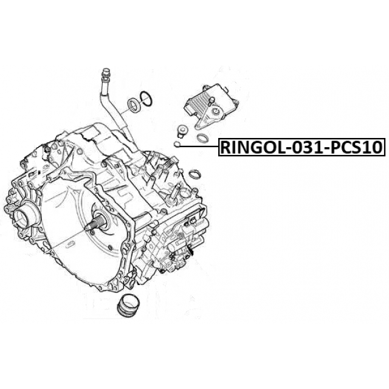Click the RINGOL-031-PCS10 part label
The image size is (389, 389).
(302, 147)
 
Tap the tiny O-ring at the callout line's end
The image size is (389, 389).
(177, 144)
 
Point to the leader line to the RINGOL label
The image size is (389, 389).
(199, 146)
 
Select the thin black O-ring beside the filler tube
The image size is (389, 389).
(146, 99)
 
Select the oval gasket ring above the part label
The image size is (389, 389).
(203, 138)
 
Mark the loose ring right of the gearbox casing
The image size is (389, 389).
(194, 174)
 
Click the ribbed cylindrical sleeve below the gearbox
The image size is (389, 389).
(128, 306)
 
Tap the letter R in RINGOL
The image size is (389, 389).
(225, 147)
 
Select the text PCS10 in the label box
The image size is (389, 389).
(356, 147)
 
